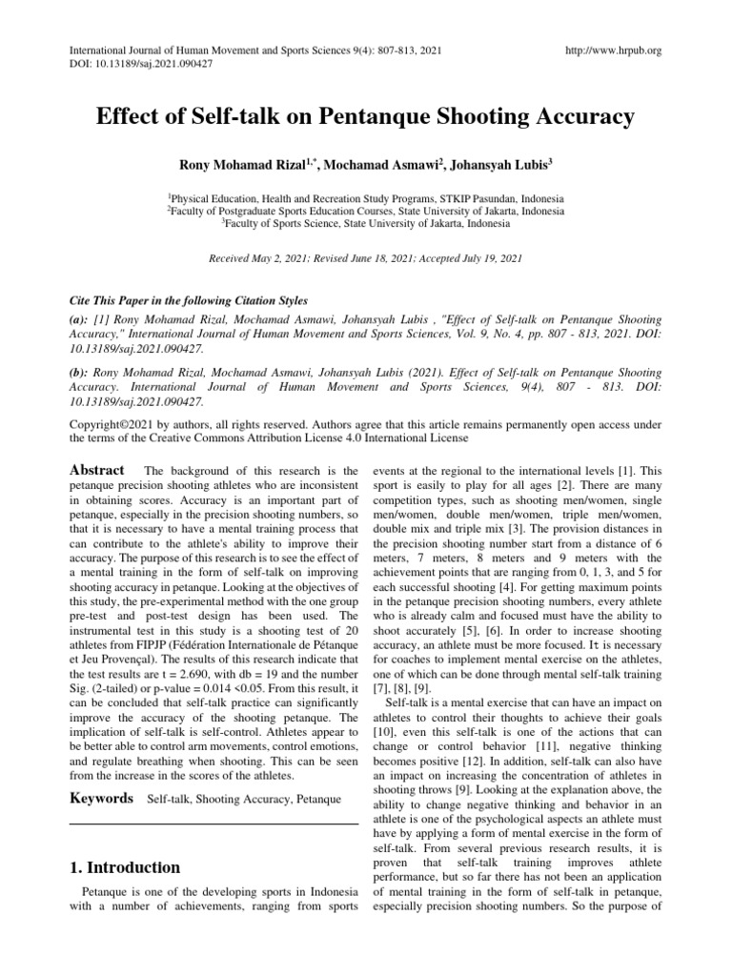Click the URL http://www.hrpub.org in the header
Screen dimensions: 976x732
tap(614, 51)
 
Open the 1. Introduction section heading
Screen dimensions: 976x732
tap(124, 867)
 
